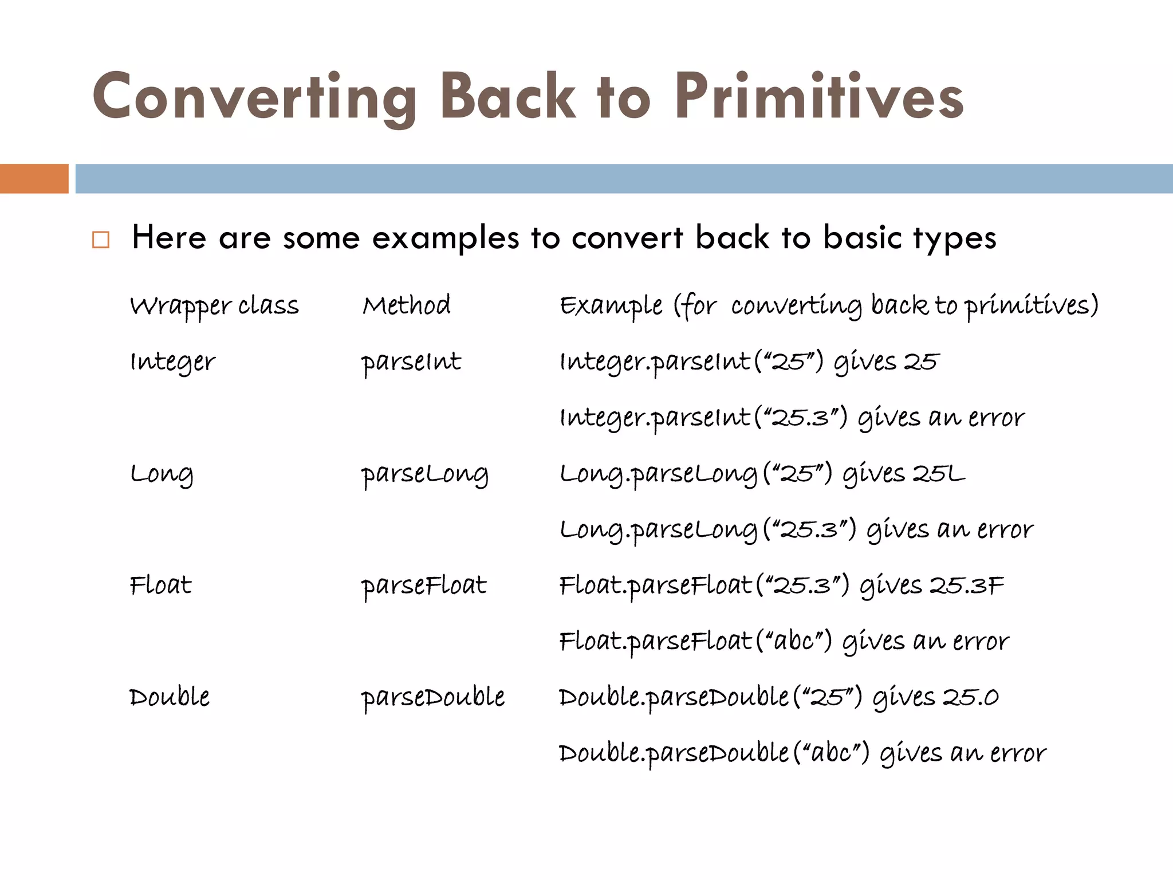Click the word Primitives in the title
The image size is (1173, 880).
pos(819,97)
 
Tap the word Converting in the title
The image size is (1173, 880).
pos(255,97)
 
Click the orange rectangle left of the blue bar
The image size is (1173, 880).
pos(34,179)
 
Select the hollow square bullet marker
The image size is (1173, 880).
pos(101,239)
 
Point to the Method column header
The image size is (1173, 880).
pos(406,305)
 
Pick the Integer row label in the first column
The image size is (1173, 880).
pos(172,362)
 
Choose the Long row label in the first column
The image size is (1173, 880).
pos(162,474)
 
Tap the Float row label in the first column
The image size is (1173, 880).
pos(160,586)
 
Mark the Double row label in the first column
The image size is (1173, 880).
pos(170,697)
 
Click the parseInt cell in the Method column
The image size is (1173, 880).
pos(411,362)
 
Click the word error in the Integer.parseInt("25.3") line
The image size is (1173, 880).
pos(996,418)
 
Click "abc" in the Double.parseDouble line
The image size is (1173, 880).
pos(832,753)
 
